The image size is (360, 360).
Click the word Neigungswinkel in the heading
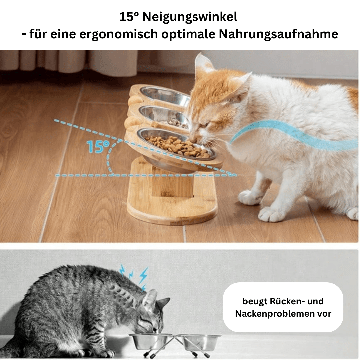click(x=190, y=17)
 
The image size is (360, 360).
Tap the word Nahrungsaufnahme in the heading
click(x=278, y=34)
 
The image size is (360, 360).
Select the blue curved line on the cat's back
click(x=293, y=135)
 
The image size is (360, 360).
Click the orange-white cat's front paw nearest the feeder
click(x=250, y=197)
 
